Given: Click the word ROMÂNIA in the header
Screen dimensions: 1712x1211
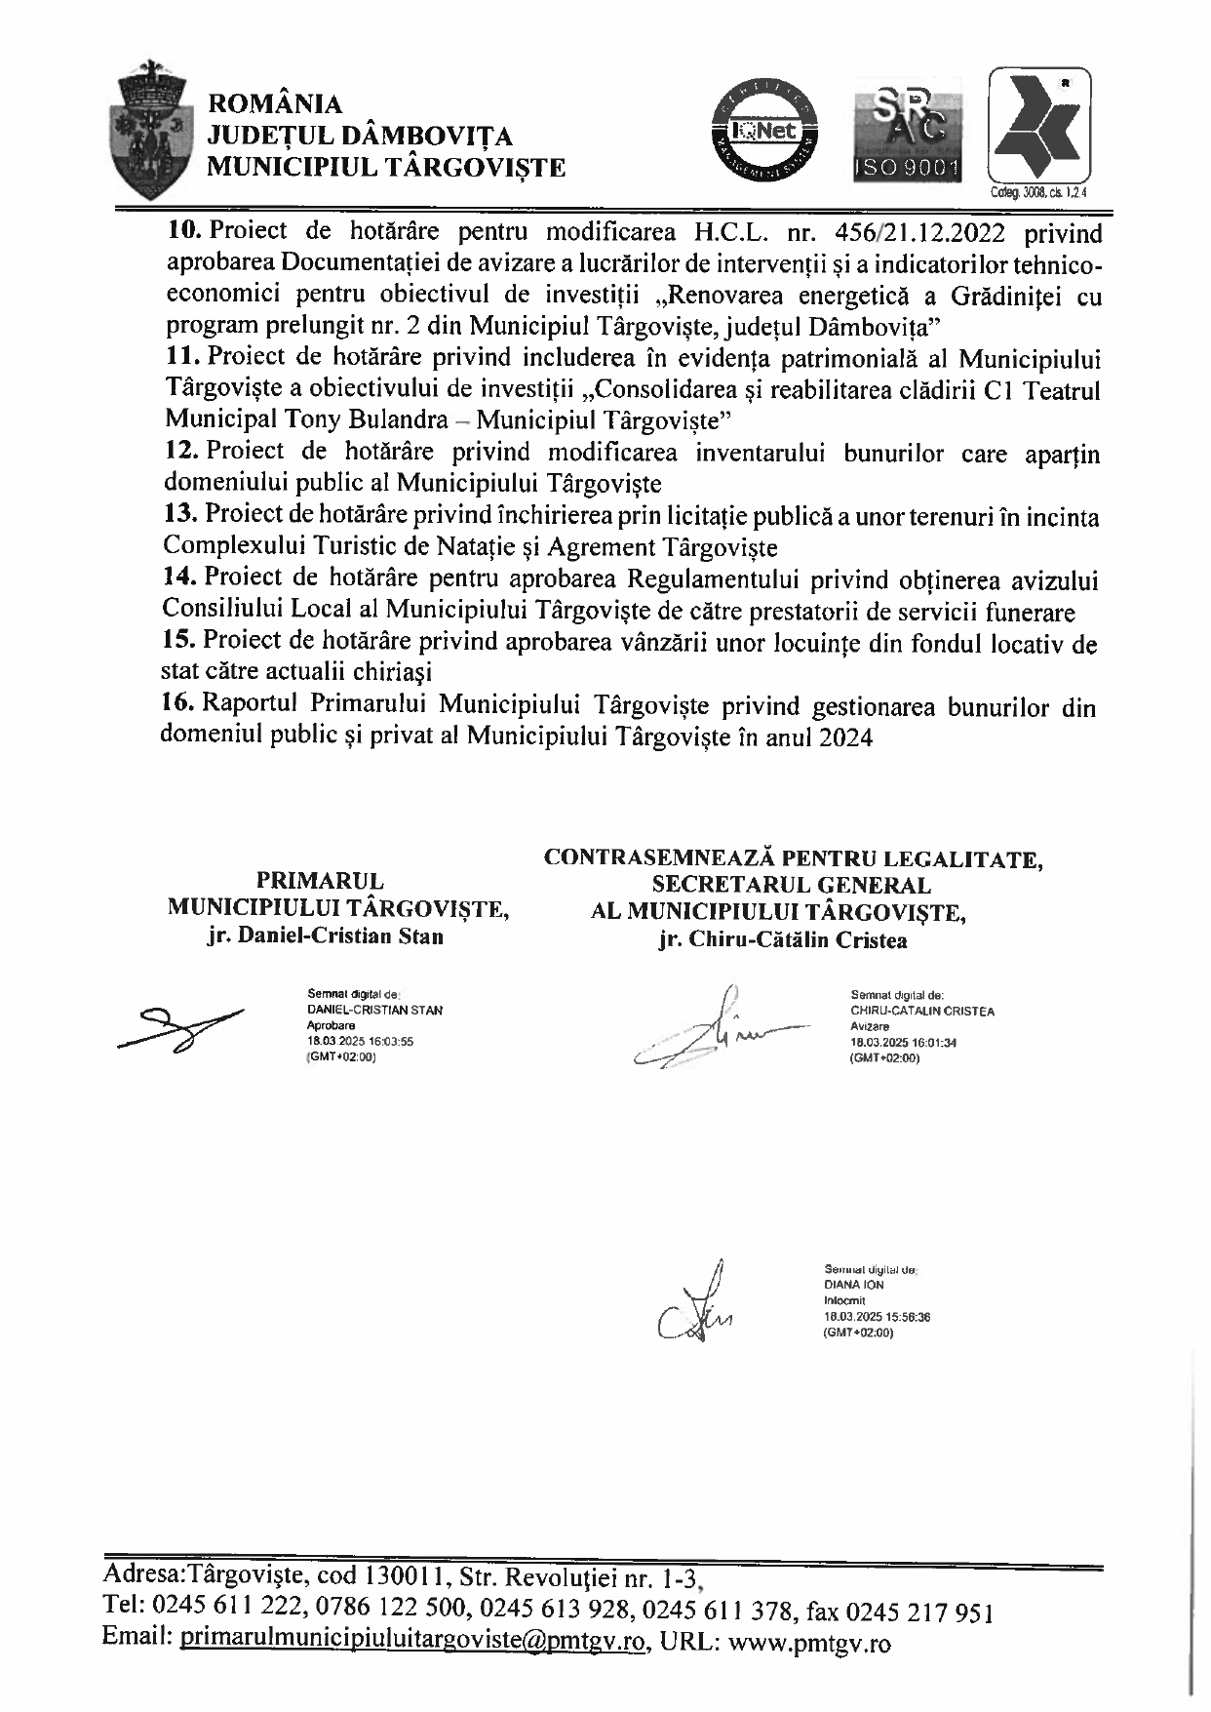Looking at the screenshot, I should pyautogui.click(x=276, y=104).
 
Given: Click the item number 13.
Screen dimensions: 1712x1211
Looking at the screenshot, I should pyautogui.click(x=181, y=514).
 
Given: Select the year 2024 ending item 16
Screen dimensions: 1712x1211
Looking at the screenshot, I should pyautogui.click(x=845, y=737).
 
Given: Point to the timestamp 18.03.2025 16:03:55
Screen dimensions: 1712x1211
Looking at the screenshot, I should pyautogui.click(x=360, y=1041).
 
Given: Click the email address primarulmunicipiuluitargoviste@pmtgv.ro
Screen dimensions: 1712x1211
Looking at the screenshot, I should pyautogui.click(x=413, y=1642).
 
